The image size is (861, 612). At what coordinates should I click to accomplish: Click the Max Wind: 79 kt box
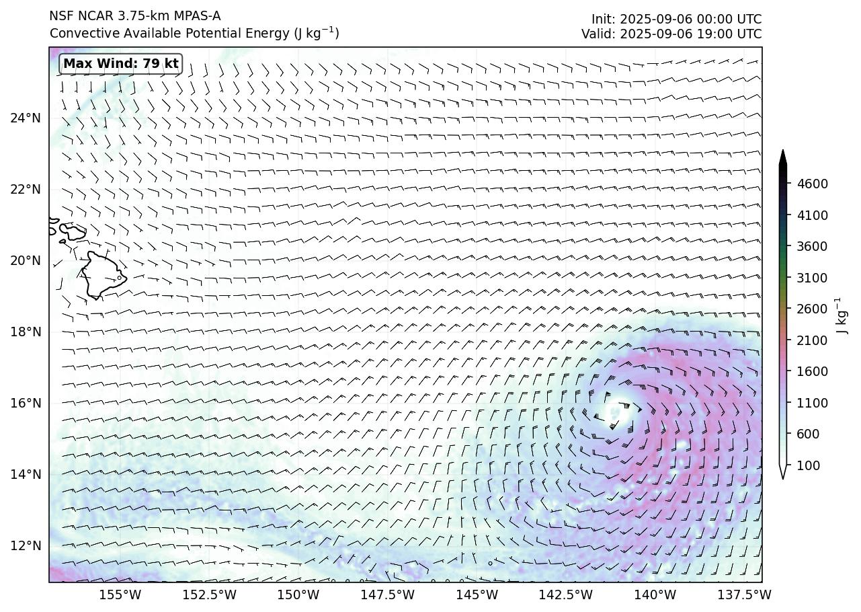click(x=121, y=64)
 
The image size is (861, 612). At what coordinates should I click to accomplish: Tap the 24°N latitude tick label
click(x=26, y=118)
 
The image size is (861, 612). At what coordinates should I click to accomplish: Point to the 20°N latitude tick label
click(x=26, y=261)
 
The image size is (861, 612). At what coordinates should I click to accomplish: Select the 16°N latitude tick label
click(x=26, y=404)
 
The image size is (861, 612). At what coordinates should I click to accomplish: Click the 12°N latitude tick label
click(x=26, y=546)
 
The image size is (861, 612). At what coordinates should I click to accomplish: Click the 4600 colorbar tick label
click(x=812, y=184)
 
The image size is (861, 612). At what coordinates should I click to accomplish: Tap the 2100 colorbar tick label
click(x=812, y=340)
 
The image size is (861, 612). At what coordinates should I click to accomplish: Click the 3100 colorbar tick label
click(x=812, y=278)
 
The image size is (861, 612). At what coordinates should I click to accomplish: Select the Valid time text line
click(x=671, y=34)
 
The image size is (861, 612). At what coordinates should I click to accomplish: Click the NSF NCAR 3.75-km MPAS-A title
click(x=134, y=16)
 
